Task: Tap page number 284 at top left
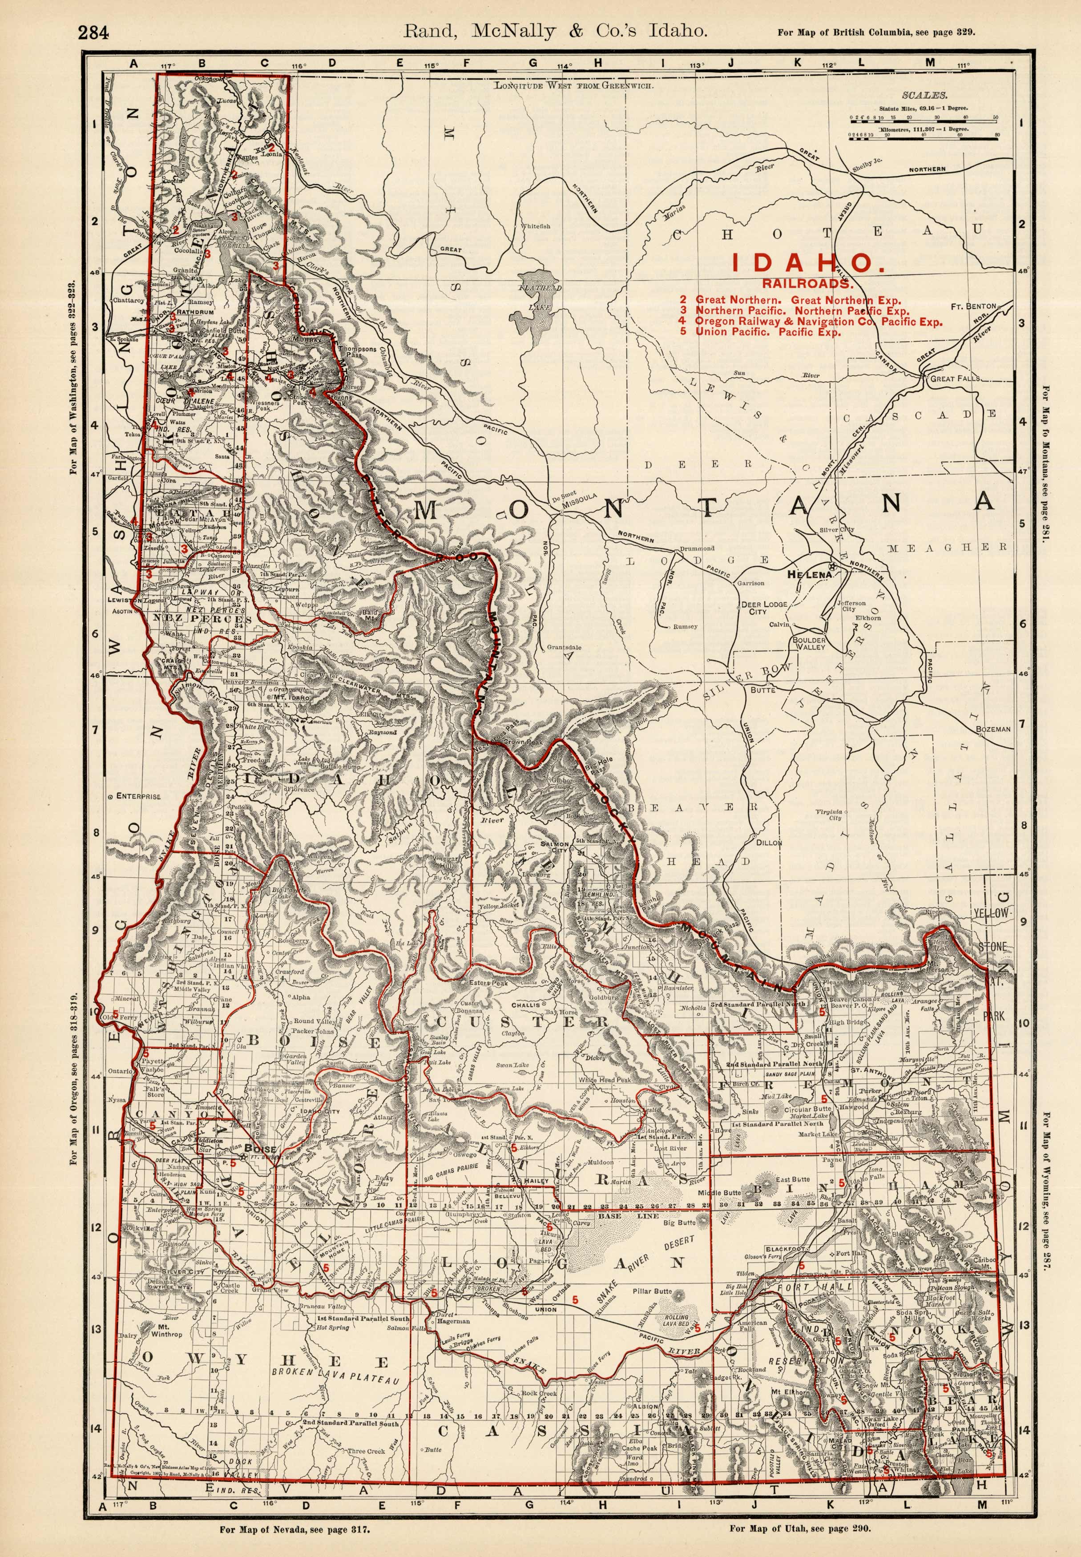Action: pos(93,32)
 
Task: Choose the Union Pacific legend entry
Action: pos(768,332)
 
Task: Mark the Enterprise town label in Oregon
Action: pos(137,796)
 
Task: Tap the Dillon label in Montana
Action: pos(768,843)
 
